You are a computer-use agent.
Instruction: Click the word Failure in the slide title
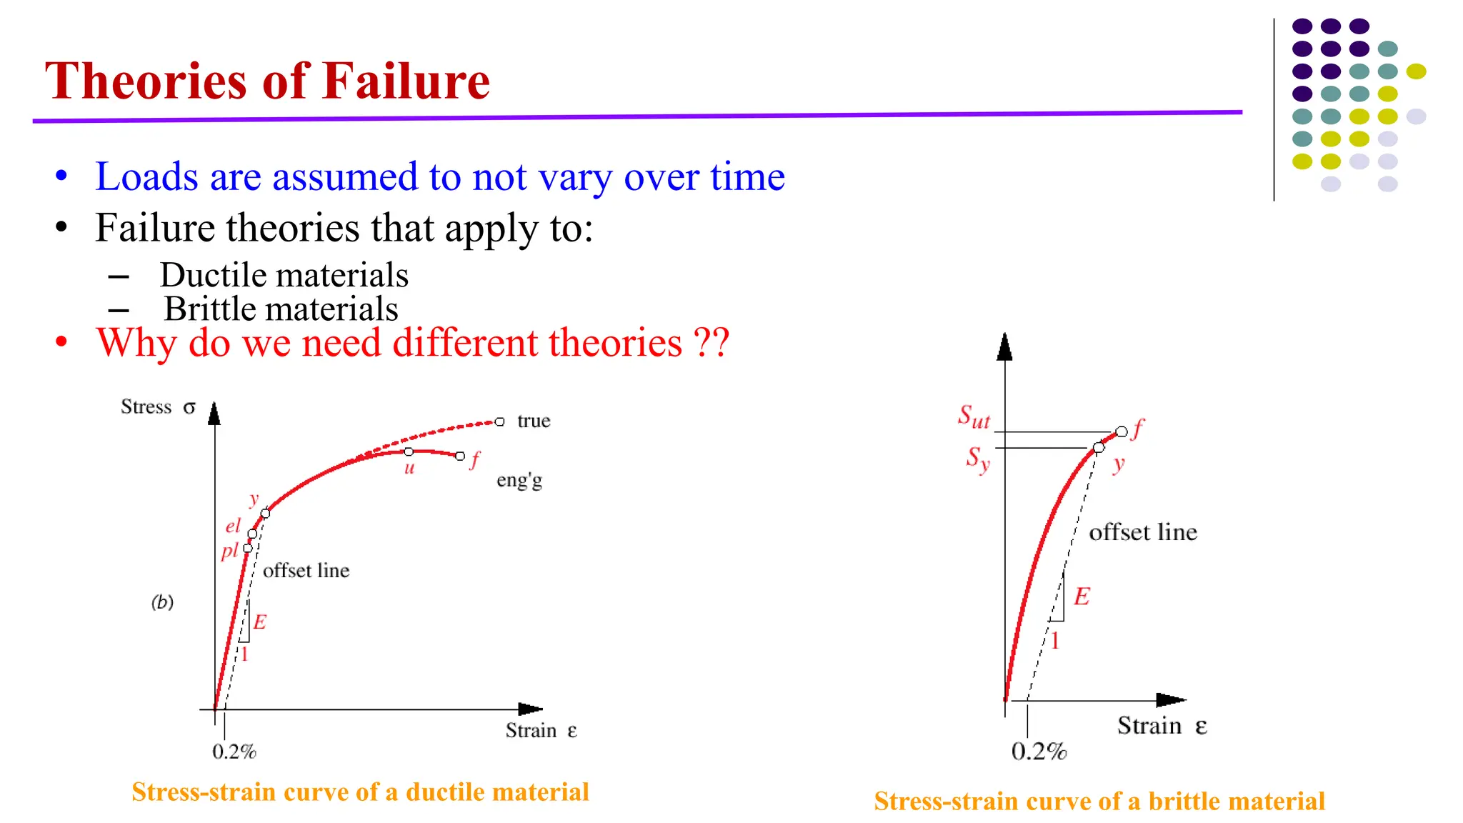pos(406,81)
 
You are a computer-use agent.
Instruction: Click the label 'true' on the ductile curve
pos(534,421)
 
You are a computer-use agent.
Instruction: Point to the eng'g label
pos(519,480)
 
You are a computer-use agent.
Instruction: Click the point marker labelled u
pos(409,452)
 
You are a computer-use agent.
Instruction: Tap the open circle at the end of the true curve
pos(499,422)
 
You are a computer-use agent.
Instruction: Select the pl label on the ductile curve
pos(229,551)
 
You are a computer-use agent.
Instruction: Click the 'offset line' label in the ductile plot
pos(306,570)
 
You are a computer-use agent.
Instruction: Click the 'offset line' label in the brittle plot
pos(1142,532)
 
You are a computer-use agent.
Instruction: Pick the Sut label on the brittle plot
pos(974,416)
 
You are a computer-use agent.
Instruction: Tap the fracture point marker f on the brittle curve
pos(1122,431)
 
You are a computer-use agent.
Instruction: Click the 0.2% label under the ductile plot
pos(234,752)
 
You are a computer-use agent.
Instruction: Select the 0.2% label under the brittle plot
pos(1039,752)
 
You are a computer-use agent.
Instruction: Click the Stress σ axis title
pos(158,407)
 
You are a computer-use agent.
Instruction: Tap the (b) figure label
pos(162,602)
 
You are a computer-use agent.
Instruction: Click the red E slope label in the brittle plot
pos(1082,597)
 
